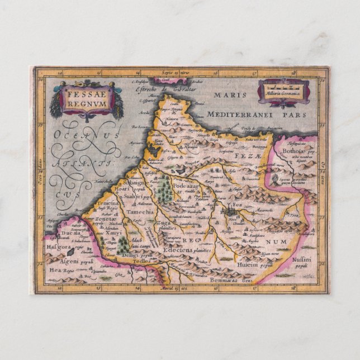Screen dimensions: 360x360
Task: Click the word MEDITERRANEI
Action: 240,113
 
